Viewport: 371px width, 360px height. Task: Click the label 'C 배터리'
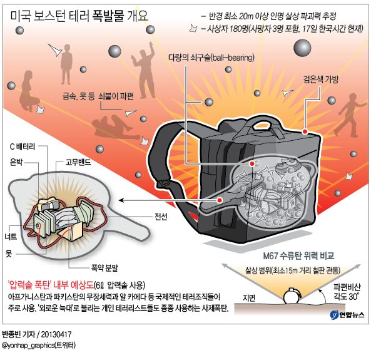click(x=22, y=147)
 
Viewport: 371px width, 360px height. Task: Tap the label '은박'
click(x=16, y=162)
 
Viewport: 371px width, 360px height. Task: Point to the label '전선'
click(x=161, y=216)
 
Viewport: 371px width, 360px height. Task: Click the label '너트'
click(x=11, y=236)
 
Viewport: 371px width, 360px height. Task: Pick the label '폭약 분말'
click(x=104, y=268)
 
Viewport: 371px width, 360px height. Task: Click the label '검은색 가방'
click(x=321, y=80)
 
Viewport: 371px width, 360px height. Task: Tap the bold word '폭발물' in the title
click(x=108, y=16)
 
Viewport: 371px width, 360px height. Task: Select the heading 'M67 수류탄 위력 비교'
click(x=298, y=255)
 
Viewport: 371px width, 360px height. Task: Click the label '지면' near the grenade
click(x=249, y=298)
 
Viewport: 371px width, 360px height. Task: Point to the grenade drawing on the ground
click(x=292, y=296)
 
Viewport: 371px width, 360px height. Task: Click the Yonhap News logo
click(x=347, y=314)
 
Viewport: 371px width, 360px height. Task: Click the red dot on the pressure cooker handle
click(x=220, y=200)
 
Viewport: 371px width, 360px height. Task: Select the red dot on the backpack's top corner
click(x=305, y=131)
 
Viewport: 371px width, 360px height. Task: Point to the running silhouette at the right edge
click(x=352, y=115)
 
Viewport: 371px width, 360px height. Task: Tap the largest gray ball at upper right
click(x=302, y=48)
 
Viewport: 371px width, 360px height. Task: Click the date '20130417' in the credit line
click(x=56, y=334)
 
